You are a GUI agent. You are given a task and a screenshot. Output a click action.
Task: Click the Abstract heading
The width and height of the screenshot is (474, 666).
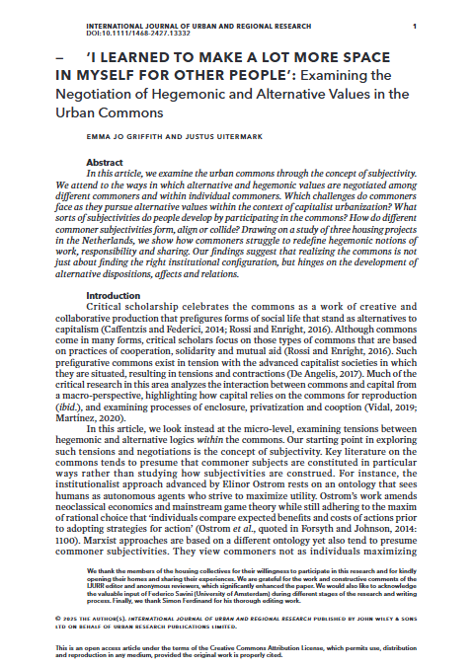(105, 160)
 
